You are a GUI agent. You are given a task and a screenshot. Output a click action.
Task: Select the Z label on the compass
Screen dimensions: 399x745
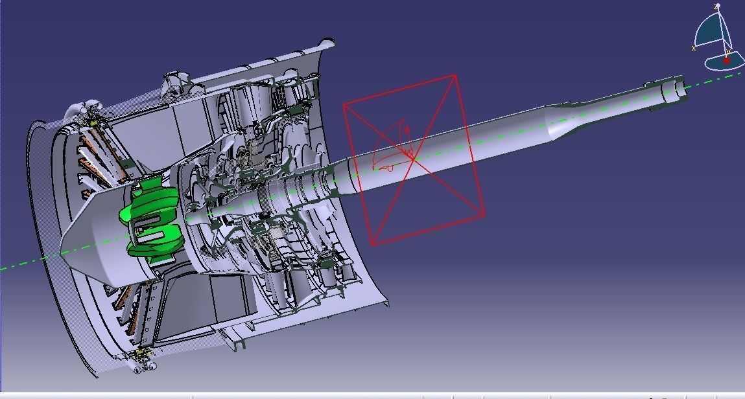pos(716,6)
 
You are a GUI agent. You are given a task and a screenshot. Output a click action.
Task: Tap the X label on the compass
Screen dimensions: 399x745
pos(694,48)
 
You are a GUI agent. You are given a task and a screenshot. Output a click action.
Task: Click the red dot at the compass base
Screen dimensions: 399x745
pos(726,60)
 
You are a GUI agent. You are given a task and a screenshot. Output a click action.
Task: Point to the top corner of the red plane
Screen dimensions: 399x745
pos(455,75)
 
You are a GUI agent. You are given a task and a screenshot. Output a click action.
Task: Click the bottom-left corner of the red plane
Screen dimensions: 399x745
pos(372,244)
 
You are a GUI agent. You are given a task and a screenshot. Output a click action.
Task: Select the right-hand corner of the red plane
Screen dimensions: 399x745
pos(484,215)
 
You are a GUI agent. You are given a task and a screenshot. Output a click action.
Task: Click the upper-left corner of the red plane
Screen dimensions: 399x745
pos(344,103)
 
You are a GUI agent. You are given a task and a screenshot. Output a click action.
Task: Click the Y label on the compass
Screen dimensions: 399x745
pos(727,52)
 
